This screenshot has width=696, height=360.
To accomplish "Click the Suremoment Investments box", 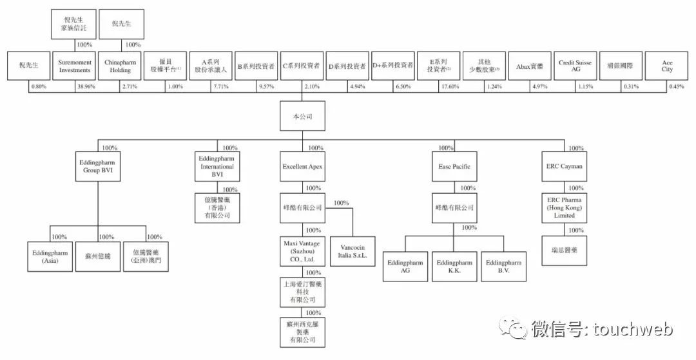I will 75,66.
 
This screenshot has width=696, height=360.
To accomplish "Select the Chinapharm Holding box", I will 121,66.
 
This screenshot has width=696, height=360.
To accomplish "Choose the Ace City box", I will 666,66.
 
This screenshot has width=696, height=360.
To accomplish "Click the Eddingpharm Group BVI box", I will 98,167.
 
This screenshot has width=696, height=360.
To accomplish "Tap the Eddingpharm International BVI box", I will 217,167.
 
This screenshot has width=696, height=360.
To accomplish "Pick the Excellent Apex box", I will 302,167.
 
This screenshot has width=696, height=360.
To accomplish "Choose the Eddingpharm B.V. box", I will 503,267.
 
